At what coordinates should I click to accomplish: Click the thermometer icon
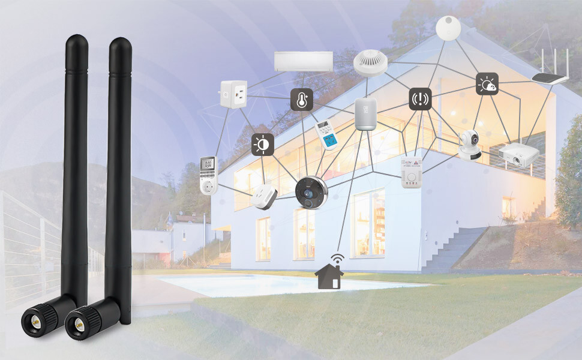tap(302, 100)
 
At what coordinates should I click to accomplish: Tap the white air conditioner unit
tap(304, 61)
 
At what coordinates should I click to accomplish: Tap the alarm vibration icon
tap(420, 99)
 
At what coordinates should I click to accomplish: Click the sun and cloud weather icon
tap(487, 84)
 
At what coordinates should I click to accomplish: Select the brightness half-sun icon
tap(262, 145)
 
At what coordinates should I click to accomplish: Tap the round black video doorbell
tap(311, 193)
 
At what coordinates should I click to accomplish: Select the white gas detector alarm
tap(412, 172)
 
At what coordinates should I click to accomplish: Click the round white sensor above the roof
tap(447, 27)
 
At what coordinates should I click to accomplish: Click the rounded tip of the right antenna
tap(120, 45)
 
